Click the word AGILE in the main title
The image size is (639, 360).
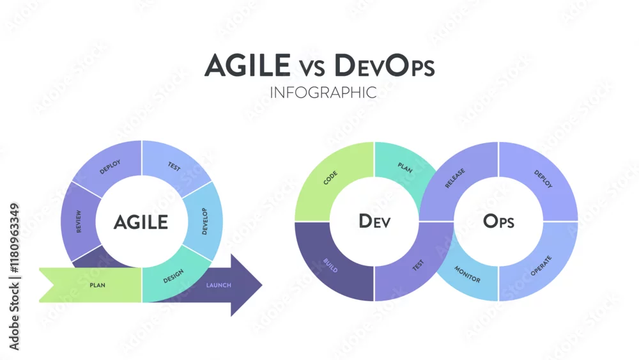point(247,65)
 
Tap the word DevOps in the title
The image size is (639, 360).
point(384,65)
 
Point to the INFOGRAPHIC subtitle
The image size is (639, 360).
point(323,93)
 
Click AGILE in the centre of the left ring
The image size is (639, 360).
point(141,222)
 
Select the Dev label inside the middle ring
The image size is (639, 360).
point(374,221)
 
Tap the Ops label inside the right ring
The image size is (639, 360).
point(498,221)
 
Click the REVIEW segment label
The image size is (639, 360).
point(79,222)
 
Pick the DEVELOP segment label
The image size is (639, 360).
point(204,221)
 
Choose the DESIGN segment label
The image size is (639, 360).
point(174,276)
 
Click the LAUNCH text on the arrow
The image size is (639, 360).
point(219,285)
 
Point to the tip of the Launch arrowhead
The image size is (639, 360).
point(262,285)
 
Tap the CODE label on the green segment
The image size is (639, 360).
point(330,178)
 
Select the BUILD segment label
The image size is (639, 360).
point(330,265)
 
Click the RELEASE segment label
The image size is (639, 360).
point(455,178)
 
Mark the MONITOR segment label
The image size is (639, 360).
point(467,274)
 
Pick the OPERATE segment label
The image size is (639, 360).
point(541,266)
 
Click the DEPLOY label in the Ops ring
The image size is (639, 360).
point(543,179)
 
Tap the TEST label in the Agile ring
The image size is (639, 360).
point(174,166)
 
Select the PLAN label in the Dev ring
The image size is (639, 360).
point(405,168)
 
